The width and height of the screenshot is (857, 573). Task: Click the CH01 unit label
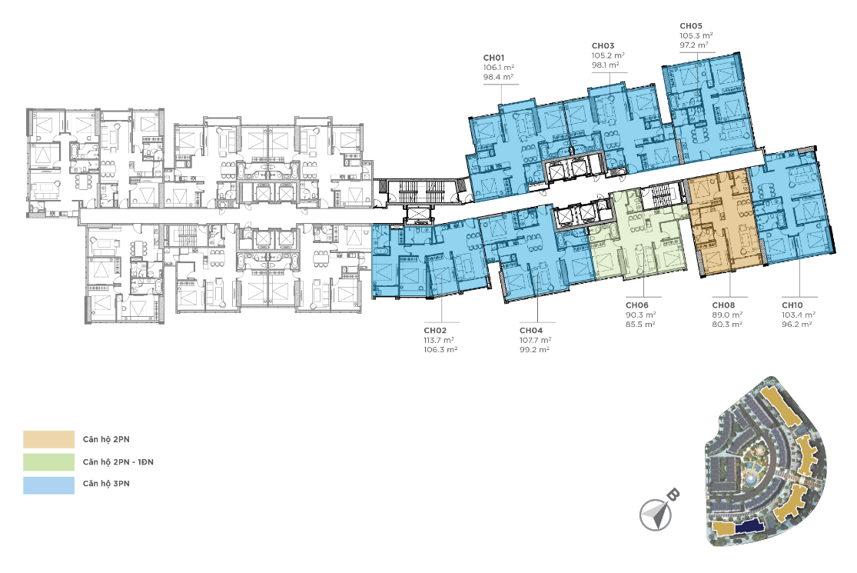493,58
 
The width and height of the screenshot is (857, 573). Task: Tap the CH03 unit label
603,46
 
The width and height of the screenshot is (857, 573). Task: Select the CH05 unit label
691,25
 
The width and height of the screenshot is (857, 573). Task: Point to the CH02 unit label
435,330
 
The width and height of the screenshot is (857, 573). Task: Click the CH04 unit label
530,330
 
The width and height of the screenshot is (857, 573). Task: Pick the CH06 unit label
636,305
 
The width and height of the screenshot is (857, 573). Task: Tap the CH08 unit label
723,305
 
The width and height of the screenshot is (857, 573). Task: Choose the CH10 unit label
792,305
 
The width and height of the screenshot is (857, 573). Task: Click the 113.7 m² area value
439,340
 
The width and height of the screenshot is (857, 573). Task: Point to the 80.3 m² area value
727,325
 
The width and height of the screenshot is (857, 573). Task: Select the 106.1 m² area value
499,67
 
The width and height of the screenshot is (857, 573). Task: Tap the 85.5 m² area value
640,325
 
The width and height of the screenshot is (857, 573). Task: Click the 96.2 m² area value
797,325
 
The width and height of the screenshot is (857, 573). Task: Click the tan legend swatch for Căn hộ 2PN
48,440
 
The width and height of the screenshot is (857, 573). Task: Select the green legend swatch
48,462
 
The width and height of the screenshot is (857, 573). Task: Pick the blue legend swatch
48,485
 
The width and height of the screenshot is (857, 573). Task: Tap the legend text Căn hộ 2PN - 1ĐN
118,462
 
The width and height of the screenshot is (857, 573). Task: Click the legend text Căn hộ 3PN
106,483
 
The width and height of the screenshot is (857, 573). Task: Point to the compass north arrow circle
656,515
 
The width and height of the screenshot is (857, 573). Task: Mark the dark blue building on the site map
750,526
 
